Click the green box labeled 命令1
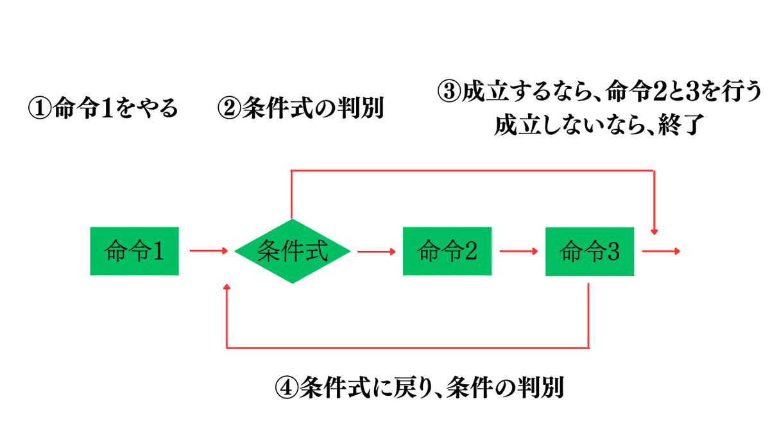tap(134, 251)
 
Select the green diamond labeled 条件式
tap(292, 251)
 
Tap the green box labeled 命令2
tap(447, 251)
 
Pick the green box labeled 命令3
tap(590, 251)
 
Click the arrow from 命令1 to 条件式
tap(209, 251)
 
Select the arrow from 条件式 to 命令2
tap(377, 251)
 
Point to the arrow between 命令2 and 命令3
tap(518, 251)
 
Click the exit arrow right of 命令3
tap(661, 251)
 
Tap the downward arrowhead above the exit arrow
tap(654, 232)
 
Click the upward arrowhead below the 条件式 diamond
tap(227, 287)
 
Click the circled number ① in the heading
tap(40, 108)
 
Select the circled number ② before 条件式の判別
tap(229, 108)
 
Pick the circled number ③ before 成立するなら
tap(449, 91)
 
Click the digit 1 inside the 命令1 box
tap(158, 251)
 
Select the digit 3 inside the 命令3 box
tap(613, 251)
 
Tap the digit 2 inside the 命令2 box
tap(471, 251)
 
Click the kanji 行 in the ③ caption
tap(732, 91)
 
